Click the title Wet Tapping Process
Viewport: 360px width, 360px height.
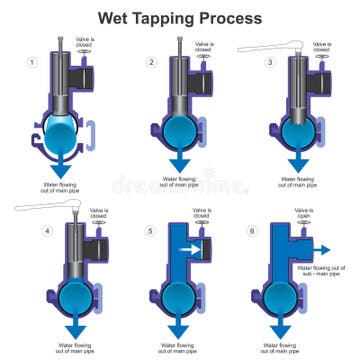tap(180, 17)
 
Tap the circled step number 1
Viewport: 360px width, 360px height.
tap(31, 63)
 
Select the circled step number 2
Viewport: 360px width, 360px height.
tap(151, 63)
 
